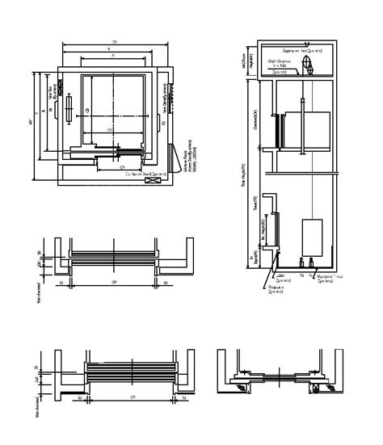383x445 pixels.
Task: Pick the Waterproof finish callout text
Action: [x=323, y=277]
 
